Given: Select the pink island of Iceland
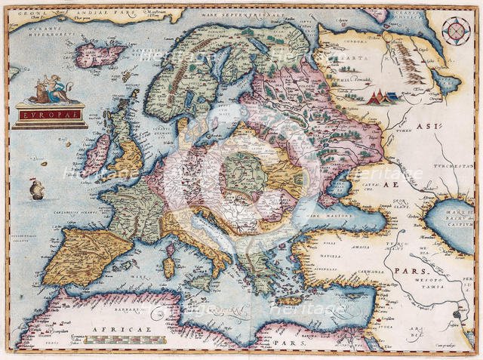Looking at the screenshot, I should click(x=102, y=54).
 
